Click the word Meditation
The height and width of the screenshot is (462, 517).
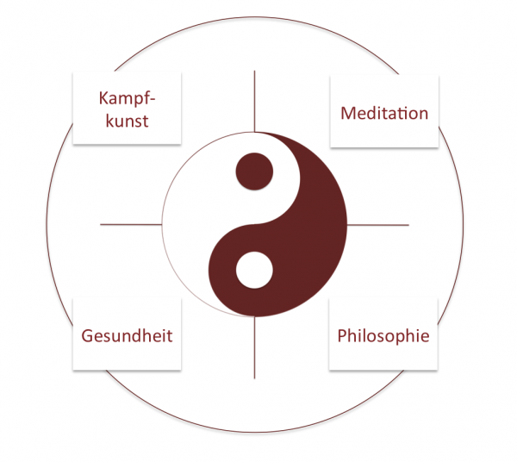pos(384,113)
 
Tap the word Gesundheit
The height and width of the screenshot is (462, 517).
pos(127,335)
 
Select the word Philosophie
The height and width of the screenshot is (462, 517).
pos(383,335)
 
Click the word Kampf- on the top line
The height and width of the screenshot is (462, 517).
pos(127,98)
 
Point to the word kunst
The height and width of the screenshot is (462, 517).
pos(127,120)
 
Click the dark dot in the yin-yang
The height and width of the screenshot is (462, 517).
pos(254,172)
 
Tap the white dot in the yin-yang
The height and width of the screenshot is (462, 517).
pos(254,270)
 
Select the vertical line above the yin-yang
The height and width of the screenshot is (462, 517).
pos(254,101)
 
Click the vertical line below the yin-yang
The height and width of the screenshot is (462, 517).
pos(254,347)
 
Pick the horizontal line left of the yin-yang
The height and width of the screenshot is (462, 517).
pos(131,225)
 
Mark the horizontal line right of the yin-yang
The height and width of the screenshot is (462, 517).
pos(378,225)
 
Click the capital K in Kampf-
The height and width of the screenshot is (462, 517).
pos(103,98)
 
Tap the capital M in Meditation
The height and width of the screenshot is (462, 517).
pos(347,113)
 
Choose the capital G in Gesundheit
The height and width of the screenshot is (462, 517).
pos(88,336)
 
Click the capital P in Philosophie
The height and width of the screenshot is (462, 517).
pos(343,335)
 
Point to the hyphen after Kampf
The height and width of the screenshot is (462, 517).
pos(152,99)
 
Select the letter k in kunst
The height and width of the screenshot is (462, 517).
pos(110,120)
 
